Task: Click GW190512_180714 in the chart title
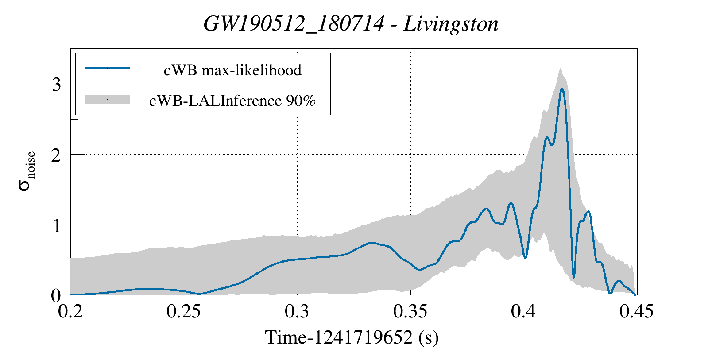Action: coord(294,24)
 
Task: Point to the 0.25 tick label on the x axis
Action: coord(183,312)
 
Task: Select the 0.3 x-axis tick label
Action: coord(297,312)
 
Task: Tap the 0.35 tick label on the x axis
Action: coord(410,312)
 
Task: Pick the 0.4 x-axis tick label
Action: coord(523,312)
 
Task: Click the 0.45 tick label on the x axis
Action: coord(636,312)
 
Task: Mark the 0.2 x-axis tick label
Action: coord(71,312)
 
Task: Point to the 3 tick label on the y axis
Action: coord(56,84)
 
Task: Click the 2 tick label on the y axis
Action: coord(56,155)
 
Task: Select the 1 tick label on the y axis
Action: coord(56,225)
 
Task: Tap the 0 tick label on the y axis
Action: coord(56,295)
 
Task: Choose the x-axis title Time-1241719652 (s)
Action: coord(352,338)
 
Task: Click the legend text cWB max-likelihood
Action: coord(232,70)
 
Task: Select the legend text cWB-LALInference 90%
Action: coord(232,101)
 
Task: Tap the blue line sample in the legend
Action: coord(107,68)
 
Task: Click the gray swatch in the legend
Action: coord(107,99)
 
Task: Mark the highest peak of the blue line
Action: coord(562,89)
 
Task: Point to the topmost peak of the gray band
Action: coord(560,69)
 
